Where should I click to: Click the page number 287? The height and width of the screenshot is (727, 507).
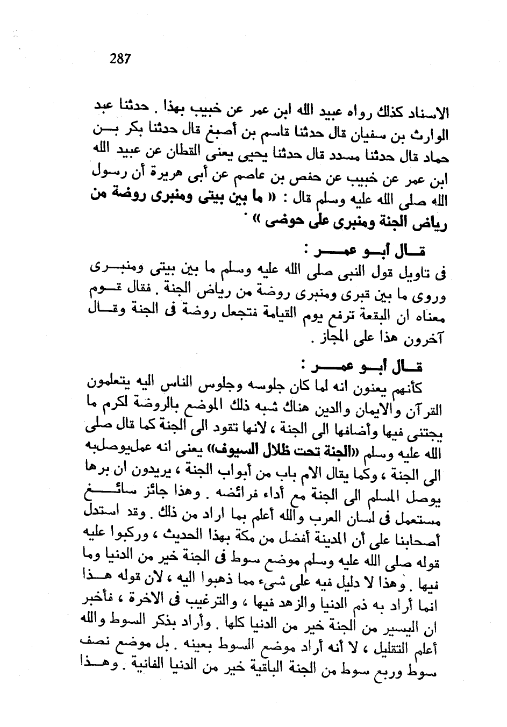[120, 59]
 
